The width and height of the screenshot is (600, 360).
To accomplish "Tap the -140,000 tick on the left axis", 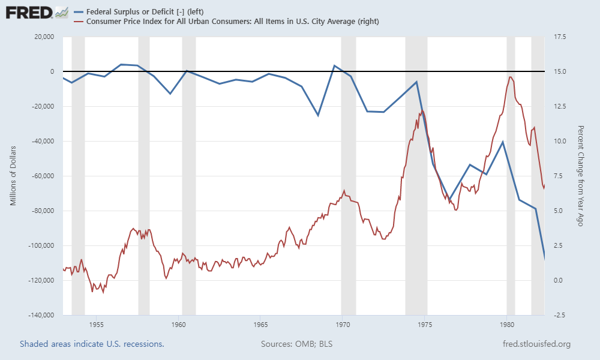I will [38, 315].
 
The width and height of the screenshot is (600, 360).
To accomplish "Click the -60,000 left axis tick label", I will [40, 176].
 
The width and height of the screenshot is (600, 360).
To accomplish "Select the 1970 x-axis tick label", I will [342, 325].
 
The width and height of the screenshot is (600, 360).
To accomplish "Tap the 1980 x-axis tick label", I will [506, 325].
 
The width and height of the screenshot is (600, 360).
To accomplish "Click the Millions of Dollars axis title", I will [13, 176].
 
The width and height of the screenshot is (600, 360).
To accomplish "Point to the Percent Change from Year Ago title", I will [580, 176].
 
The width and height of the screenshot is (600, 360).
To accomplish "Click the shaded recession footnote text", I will [92, 344].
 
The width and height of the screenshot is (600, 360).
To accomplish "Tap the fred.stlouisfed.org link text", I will [536, 344].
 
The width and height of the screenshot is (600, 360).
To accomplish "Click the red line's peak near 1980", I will [510, 77].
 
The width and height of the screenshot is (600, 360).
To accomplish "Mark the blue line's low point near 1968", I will [318, 115].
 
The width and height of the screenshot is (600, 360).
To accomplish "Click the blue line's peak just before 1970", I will [334, 65].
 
